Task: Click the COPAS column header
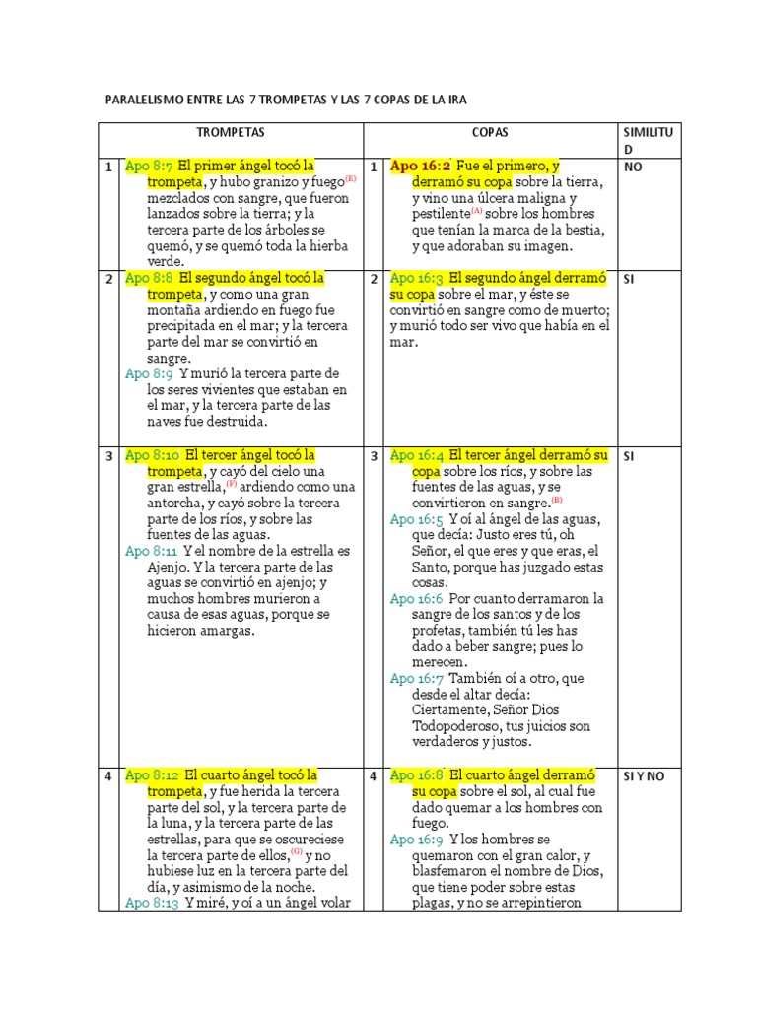(x=489, y=132)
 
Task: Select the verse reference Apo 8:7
(x=149, y=167)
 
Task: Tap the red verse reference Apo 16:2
(x=420, y=167)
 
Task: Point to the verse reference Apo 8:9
(x=149, y=374)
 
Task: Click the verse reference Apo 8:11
(x=151, y=551)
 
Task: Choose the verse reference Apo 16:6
(x=416, y=599)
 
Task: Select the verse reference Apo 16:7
(x=416, y=679)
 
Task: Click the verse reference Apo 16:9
(x=416, y=840)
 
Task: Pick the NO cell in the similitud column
(x=633, y=168)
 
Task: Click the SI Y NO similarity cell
(x=645, y=776)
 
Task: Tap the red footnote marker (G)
(x=296, y=852)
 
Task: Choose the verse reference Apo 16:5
(x=416, y=519)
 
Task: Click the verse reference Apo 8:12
(x=151, y=775)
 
